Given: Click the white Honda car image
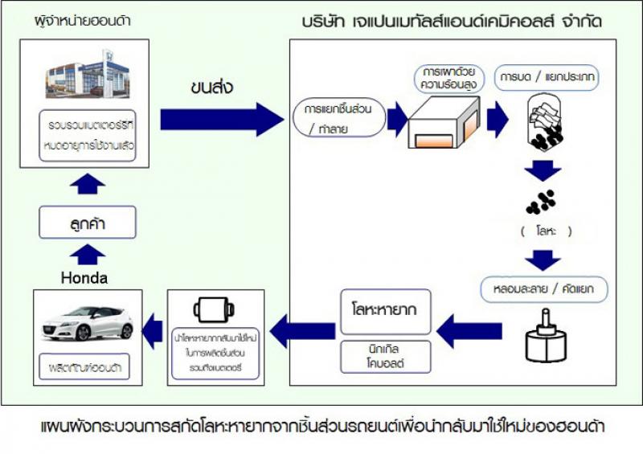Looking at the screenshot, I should coord(88,321).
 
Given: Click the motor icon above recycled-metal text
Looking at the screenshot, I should coord(213,310).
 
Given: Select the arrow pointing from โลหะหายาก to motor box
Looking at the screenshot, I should coord(301,329).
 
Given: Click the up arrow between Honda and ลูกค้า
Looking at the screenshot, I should coord(88,256).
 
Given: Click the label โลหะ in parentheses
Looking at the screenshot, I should coord(546,231).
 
